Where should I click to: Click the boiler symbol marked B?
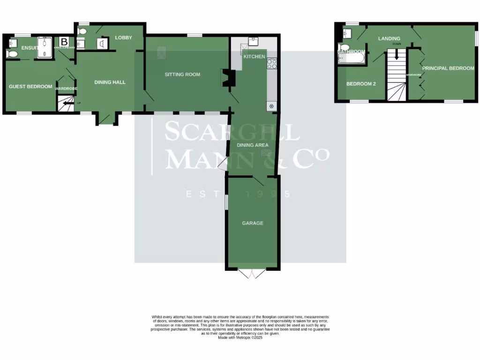pos(64,41)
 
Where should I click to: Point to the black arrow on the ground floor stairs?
pos(68,104)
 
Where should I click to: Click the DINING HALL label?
pos(110,82)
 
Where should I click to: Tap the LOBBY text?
pos(124,37)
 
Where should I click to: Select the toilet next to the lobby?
pos(83,31)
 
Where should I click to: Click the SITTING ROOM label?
pos(182,75)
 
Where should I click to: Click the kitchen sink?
pos(254,41)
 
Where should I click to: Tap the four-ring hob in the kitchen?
pos(272,63)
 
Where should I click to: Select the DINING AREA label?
pos(253,145)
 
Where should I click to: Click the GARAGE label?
pos(253,223)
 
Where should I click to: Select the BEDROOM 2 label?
pos(361,84)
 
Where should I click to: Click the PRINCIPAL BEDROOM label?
pos(448,68)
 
